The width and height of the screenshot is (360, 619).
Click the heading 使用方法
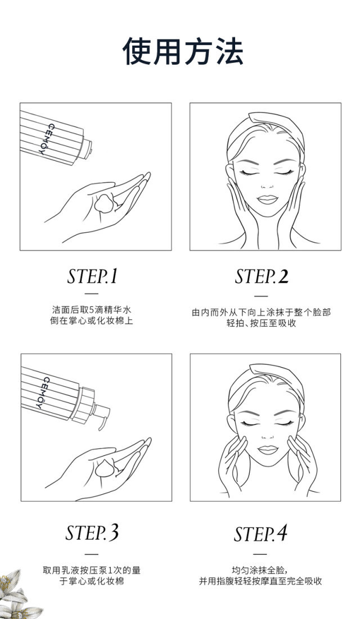pyautogui.click(x=183, y=52)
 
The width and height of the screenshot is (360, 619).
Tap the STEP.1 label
pyautogui.click(x=92, y=276)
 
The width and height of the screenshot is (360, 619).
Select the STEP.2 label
pyautogui.click(x=262, y=276)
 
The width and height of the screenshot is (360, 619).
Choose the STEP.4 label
pyautogui.click(x=260, y=534)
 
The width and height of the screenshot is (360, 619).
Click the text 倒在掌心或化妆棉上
pyautogui.click(x=91, y=320)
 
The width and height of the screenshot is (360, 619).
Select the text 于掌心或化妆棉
pyautogui.click(x=91, y=581)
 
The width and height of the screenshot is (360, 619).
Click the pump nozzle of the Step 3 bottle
pyautogui.click(x=102, y=414)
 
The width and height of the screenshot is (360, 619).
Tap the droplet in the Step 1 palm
pyautogui.click(x=104, y=203)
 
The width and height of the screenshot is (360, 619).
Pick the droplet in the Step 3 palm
pyautogui.click(x=105, y=468)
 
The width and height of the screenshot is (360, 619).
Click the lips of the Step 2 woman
pyautogui.click(x=268, y=200)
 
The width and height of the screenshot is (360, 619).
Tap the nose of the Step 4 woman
pyautogui.click(x=268, y=435)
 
